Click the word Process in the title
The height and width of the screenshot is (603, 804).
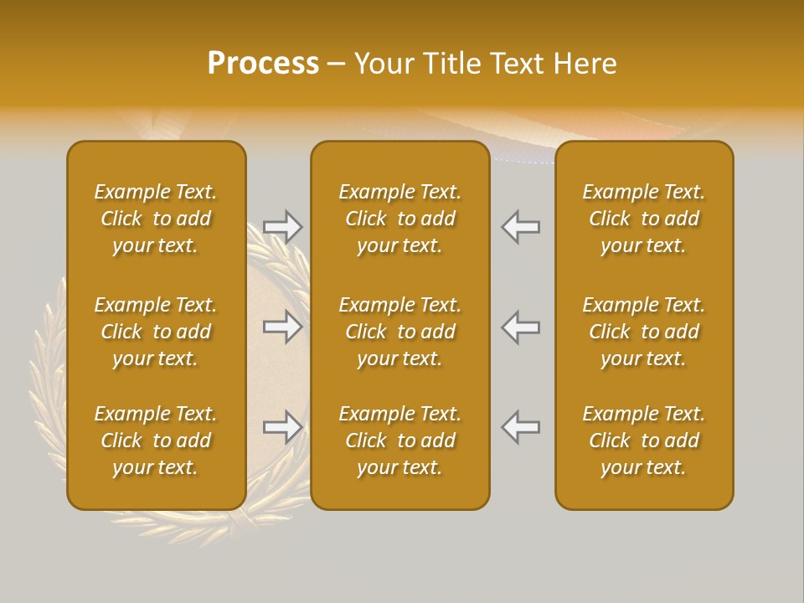tap(263, 64)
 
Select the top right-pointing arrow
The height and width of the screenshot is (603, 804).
tap(282, 226)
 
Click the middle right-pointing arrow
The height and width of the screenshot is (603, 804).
tap(282, 327)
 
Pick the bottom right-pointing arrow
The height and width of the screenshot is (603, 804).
tap(282, 427)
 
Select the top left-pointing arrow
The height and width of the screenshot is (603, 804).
tap(521, 226)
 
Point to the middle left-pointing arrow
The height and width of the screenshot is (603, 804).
tap(521, 327)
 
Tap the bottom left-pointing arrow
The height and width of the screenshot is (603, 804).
tap(521, 427)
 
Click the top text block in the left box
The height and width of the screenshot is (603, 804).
tap(156, 219)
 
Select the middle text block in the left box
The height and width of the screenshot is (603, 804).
tap(156, 332)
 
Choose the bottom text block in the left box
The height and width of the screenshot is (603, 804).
tap(156, 441)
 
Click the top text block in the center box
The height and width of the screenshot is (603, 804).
tap(399, 219)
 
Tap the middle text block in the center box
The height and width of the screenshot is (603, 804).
tap(399, 332)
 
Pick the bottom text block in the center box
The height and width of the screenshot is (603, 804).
tap(399, 441)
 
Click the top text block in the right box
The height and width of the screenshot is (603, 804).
tap(643, 219)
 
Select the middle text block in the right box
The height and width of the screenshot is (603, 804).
tap(643, 332)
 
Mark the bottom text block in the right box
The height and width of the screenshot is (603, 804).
tap(643, 441)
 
